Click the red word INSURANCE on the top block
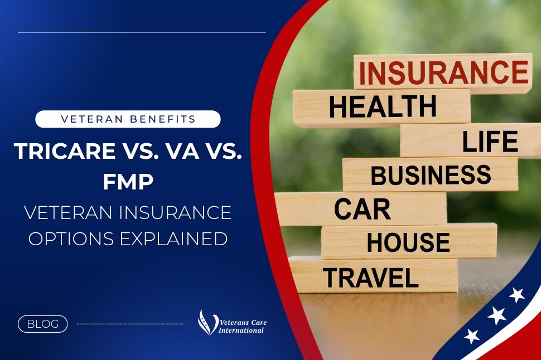[x=444, y=72]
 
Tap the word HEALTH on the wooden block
[x=383, y=106]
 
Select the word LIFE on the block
[x=490, y=142]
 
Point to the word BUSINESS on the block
[x=431, y=175]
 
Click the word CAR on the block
[x=363, y=209]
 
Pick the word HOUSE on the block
[x=408, y=242]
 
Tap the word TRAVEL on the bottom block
[x=371, y=278]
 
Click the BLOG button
[x=43, y=324]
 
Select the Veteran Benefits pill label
[x=128, y=119]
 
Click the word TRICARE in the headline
[x=65, y=150]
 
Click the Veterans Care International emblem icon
[x=207, y=323]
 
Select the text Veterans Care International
[x=243, y=327]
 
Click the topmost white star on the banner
[x=517, y=294]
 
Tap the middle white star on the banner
[x=496, y=315]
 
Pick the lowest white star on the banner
[x=472, y=336]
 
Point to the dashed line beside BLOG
[x=131, y=324]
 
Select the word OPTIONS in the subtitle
[x=71, y=239]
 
